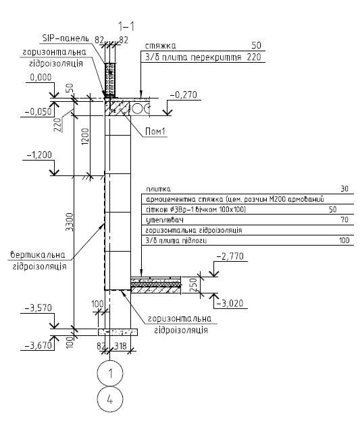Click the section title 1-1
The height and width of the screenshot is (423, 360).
126,26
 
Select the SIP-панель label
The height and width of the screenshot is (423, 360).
66,38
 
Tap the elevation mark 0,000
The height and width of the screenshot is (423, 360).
41,78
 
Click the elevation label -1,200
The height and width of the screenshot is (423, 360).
39,155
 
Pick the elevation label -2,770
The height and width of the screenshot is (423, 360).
230,256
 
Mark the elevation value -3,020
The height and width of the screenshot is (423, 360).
230,303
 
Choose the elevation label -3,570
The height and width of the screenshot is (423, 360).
38,308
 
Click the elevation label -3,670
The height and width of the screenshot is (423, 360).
38,345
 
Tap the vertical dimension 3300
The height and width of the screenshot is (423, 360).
70,222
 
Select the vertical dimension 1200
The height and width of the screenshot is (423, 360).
85,136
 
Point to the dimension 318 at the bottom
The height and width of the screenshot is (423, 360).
120,345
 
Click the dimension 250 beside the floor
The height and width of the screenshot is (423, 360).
193,285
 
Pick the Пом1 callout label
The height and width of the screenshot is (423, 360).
155,132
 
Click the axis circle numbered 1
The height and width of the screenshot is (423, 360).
110,373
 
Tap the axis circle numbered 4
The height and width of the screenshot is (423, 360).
110,399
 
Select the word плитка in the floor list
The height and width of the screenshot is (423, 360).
158,189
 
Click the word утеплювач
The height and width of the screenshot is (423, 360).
165,220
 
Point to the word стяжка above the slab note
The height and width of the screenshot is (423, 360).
161,46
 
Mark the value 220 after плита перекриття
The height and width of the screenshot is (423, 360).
254,57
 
